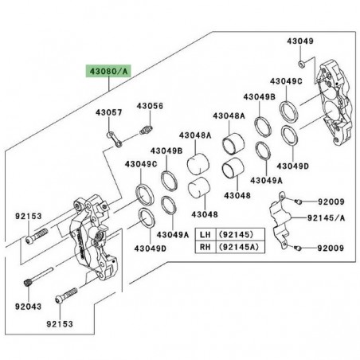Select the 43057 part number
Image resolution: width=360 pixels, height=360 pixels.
pos(110,112)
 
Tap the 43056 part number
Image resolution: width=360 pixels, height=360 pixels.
pos(149,105)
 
